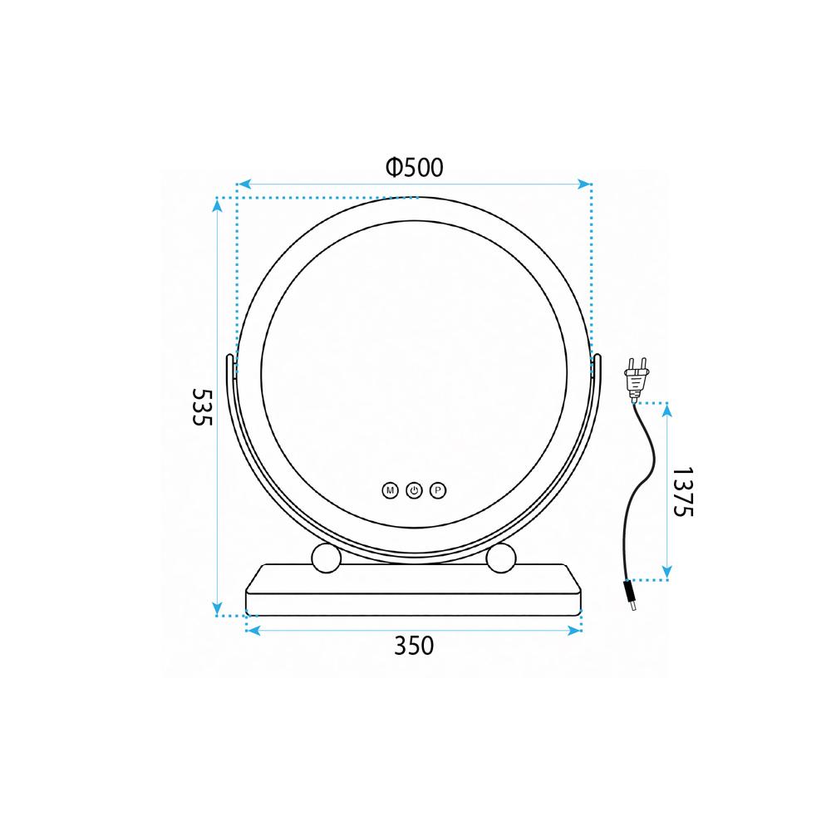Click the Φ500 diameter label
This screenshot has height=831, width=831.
click(415, 168)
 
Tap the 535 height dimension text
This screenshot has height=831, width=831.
click(202, 406)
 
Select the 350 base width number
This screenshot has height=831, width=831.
click(414, 646)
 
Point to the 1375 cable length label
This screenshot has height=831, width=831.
click(682, 491)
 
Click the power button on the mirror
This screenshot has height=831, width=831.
click(414, 491)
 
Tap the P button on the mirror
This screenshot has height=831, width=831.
click(438, 491)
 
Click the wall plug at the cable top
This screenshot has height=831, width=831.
click(637, 377)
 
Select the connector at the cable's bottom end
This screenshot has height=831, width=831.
click(630, 596)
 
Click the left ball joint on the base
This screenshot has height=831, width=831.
click(326, 558)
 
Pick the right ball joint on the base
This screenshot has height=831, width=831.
click(501, 558)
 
